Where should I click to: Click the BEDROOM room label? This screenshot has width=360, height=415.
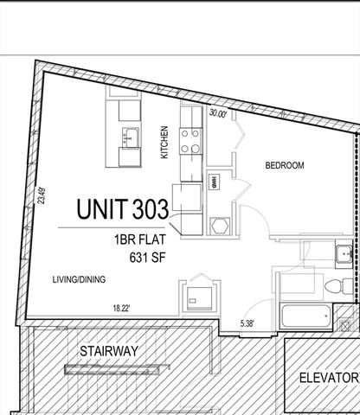tap(284, 165)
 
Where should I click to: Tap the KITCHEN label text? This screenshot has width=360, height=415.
tap(164, 143)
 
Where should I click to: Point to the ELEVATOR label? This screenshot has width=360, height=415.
tap(328, 378)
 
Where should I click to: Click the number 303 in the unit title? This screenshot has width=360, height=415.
tap(151, 208)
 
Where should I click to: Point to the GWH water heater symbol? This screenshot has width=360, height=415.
tap(213, 183)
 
